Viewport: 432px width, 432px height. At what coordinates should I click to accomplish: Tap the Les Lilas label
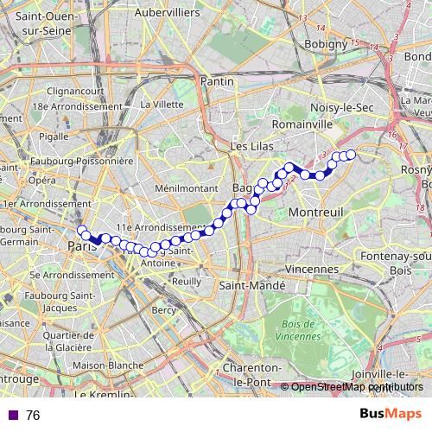click(251, 148)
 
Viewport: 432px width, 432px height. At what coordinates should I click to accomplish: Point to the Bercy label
click(163, 309)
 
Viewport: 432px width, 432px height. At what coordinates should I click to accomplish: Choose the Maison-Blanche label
click(108, 365)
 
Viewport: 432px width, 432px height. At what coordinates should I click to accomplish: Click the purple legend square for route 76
click(10, 416)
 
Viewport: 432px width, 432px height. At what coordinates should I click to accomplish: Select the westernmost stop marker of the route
click(82, 230)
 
